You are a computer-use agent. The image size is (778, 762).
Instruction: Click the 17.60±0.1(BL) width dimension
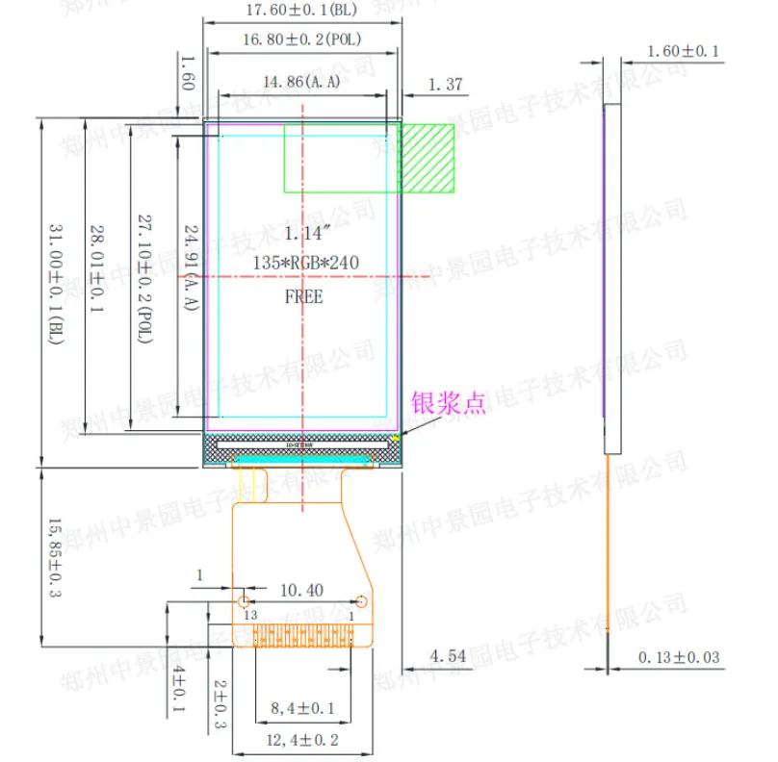tap(302, 12)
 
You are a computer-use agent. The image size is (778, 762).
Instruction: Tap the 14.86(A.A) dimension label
tap(300, 83)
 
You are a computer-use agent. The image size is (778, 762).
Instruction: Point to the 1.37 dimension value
tap(445, 85)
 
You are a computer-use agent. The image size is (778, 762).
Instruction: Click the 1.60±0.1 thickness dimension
tap(683, 51)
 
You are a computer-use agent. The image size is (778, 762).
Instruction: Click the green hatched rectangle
tap(427, 159)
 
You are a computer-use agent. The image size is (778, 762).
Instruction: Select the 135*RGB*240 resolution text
tap(304, 264)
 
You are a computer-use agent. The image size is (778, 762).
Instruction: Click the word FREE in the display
tap(303, 296)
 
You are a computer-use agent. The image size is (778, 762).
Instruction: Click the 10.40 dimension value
tap(301, 589)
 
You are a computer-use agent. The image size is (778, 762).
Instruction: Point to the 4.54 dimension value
tap(448, 656)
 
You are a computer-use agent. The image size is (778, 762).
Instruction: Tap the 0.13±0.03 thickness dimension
tap(681, 658)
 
